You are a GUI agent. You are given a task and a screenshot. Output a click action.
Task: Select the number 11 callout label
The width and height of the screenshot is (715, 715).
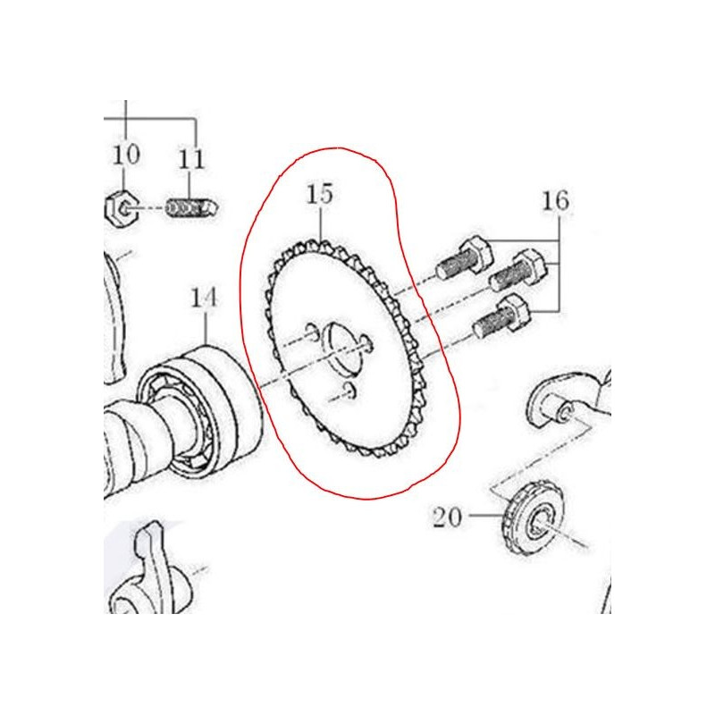[190, 158]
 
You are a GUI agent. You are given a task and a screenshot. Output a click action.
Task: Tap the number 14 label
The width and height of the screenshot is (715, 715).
[204, 298]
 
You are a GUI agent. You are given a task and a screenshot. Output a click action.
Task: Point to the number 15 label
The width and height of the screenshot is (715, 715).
[320, 194]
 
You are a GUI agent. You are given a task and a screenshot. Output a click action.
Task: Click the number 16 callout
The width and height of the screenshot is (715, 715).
[555, 200]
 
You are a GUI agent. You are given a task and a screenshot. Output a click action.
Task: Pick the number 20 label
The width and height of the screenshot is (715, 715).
[448, 517]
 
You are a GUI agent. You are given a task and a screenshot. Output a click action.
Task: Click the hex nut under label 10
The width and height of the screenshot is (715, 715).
[121, 209]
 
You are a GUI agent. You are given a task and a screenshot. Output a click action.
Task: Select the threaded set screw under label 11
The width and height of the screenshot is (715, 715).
[191, 208]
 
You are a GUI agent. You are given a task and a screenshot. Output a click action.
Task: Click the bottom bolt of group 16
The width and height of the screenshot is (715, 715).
[501, 315]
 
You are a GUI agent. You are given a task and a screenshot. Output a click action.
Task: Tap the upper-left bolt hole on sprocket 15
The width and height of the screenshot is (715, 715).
[312, 331]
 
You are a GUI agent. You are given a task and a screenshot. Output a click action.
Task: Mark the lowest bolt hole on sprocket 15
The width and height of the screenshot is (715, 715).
[351, 391]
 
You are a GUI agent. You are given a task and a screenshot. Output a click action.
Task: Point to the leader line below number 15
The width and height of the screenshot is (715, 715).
[322, 223]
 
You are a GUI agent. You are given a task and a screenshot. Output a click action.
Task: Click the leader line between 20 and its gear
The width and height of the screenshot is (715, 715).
[485, 516]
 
